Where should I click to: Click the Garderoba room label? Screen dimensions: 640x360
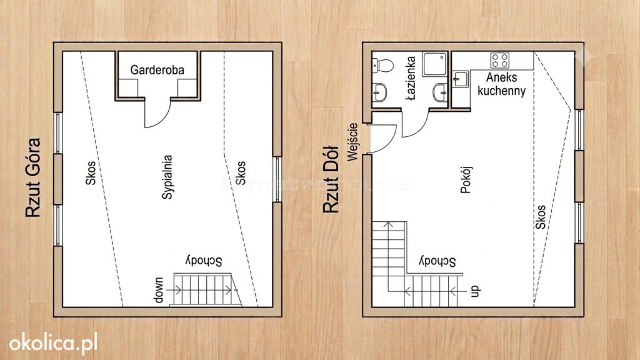pos(157,70)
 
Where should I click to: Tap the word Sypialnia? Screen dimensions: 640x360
pos(167,177)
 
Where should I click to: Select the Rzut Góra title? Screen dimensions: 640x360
pos(33,177)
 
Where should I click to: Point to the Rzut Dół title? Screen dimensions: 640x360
pos(331,179)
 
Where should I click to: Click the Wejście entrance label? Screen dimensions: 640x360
pos(352,142)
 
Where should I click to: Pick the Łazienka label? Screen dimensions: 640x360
pos(411,78)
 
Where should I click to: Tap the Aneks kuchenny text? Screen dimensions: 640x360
pos(502,84)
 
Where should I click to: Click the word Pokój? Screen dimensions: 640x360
pos(466,179)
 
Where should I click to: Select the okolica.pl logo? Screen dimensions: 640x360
pos(54,343)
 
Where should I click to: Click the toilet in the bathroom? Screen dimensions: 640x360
pos(383,65)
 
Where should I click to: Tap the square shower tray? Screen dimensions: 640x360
pos(435,64)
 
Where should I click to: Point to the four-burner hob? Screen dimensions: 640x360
pos(500,61)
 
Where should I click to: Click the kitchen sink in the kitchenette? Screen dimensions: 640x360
pos(461,79)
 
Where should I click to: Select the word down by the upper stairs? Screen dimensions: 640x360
pos(159,290)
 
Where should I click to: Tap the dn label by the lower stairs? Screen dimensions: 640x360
pos(476,291)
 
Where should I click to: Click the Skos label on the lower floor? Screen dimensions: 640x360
pos(540,217)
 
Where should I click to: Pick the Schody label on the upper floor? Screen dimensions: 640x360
pos(204,261)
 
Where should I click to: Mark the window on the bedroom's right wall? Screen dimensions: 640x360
pos(277,179)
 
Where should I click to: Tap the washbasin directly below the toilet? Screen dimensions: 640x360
pos(379,92)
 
